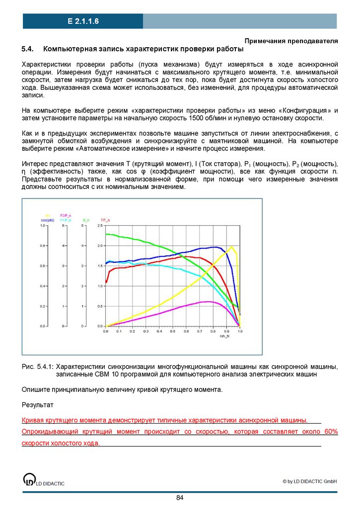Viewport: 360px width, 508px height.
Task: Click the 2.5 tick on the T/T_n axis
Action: coord(100,226)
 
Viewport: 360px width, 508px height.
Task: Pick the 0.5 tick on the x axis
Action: coord(172,331)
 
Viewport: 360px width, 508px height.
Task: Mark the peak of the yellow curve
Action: coord(231,247)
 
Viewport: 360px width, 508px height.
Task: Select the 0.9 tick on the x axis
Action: coord(226,331)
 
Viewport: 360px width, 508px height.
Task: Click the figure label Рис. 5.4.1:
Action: coord(38,367)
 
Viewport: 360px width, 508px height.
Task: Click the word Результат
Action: coord(38,406)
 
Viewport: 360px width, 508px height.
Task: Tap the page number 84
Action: coord(180,498)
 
